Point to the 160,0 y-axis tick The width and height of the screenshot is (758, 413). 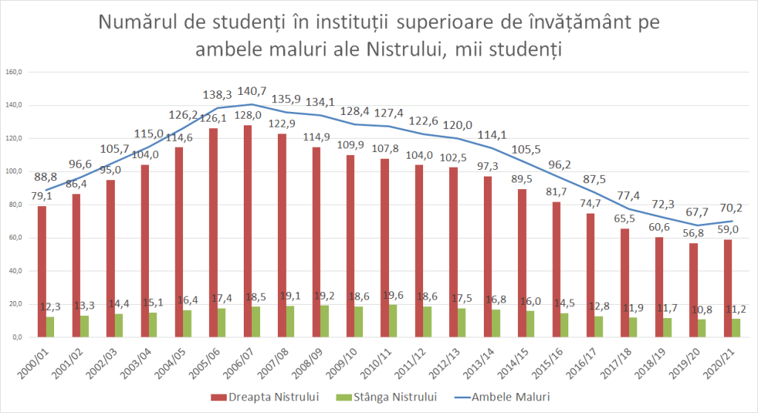coord(16,73)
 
